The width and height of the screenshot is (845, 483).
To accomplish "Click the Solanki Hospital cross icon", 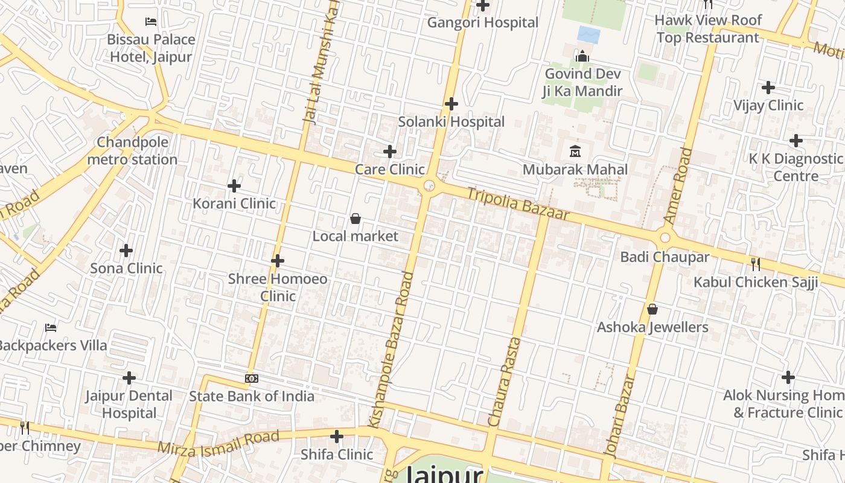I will (451, 104).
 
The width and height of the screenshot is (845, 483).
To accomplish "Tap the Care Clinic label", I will (389, 170).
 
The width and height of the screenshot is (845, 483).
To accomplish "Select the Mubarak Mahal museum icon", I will (575, 151).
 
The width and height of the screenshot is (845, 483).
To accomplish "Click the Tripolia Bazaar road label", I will (518, 203).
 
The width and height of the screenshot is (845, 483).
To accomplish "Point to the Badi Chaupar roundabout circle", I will (665, 238).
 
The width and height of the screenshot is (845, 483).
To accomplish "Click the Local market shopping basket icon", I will (356, 218).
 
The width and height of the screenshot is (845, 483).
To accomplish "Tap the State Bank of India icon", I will (252, 379).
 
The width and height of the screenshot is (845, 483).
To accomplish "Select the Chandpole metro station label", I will (132, 151).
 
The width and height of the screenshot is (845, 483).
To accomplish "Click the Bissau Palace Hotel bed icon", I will (151, 22).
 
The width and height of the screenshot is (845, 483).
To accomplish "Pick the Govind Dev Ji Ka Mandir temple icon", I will (582, 56).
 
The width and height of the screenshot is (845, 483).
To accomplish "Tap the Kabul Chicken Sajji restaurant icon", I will (755, 263).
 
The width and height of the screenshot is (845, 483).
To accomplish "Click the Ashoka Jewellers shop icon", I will (652, 309).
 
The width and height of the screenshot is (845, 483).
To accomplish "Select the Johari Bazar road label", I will (619, 417).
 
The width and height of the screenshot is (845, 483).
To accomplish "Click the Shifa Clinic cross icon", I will (337, 436).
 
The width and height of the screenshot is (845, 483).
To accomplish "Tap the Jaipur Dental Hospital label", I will (129, 405).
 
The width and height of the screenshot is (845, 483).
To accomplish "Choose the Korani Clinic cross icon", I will (234, 186).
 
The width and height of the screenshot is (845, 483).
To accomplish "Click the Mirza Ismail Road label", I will (218, 443).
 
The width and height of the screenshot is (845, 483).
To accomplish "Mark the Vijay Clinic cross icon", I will (768, 88).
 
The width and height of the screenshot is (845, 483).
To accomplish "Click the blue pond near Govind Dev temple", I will (588, 34).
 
